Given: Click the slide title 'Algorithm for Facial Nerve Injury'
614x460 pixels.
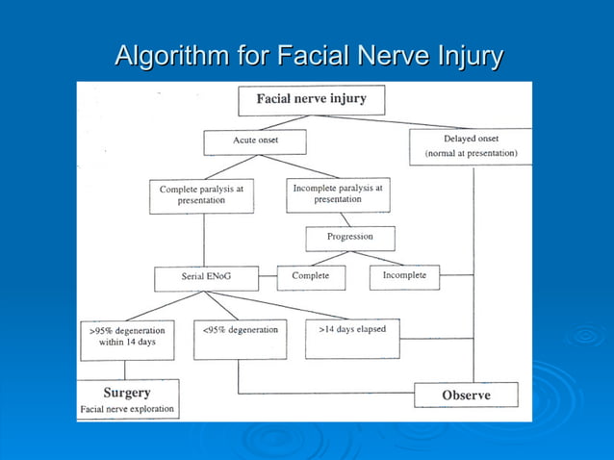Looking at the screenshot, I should click(x=308, y=56).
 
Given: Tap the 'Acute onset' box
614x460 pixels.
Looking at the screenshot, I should click(x=254, y=141).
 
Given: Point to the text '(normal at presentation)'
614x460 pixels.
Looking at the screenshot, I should click(x=471, y=154).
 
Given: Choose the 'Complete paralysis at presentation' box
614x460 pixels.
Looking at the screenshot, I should click(x=202, y=195).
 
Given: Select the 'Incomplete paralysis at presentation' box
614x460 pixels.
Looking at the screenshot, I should click(x=337, y=193).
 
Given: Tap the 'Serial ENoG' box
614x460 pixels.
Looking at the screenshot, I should click(x=207, y=278).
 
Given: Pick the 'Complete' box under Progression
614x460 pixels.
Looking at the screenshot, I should click(x=310, y=276).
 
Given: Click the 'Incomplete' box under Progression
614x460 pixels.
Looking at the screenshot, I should click(x=404, y=276).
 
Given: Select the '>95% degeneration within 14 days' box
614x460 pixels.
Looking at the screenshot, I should click(x=127, y=338).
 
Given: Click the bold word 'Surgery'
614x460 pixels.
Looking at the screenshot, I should click(x=127, y=393).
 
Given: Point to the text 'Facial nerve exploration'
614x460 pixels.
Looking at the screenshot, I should click(x=127, y=410).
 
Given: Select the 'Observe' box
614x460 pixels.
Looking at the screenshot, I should click(x=466, y=395).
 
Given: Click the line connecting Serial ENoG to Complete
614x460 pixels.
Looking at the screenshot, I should click(x=269, y=278).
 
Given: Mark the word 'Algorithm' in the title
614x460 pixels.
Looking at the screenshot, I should click(x=173, y=56).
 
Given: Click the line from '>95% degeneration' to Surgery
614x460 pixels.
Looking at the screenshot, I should click(x=125, y=370).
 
